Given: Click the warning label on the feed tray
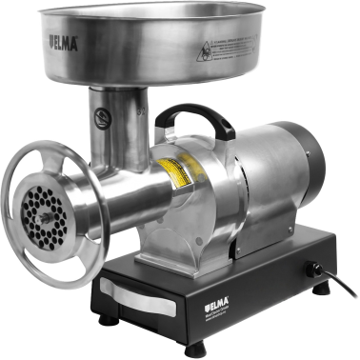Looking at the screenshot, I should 230,42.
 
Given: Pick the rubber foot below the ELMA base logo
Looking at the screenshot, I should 196,349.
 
